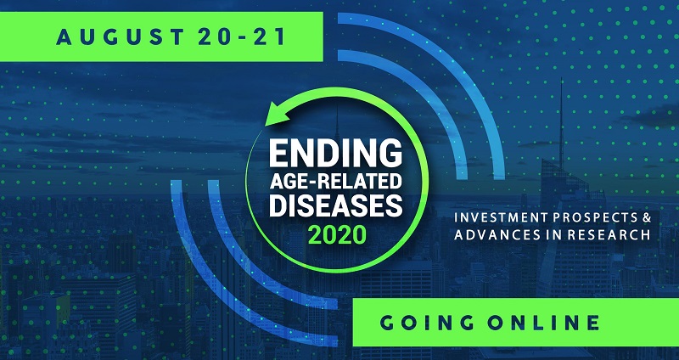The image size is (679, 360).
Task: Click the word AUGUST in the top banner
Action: click(x=121, y=37)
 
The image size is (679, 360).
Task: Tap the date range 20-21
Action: click(x=242, y=37)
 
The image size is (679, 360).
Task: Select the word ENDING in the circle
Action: click(x=335, y=155)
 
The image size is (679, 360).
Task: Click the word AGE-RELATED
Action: click(x=335, y=182)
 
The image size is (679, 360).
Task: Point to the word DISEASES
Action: click(x=335, y=205)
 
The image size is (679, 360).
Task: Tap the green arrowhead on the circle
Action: click(x=278, y=114)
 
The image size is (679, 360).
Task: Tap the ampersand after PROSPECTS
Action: click(x=647, y=217)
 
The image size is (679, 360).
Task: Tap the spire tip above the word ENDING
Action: click(x=337, y=105)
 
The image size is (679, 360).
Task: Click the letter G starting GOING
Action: click(x=388, y=323)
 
